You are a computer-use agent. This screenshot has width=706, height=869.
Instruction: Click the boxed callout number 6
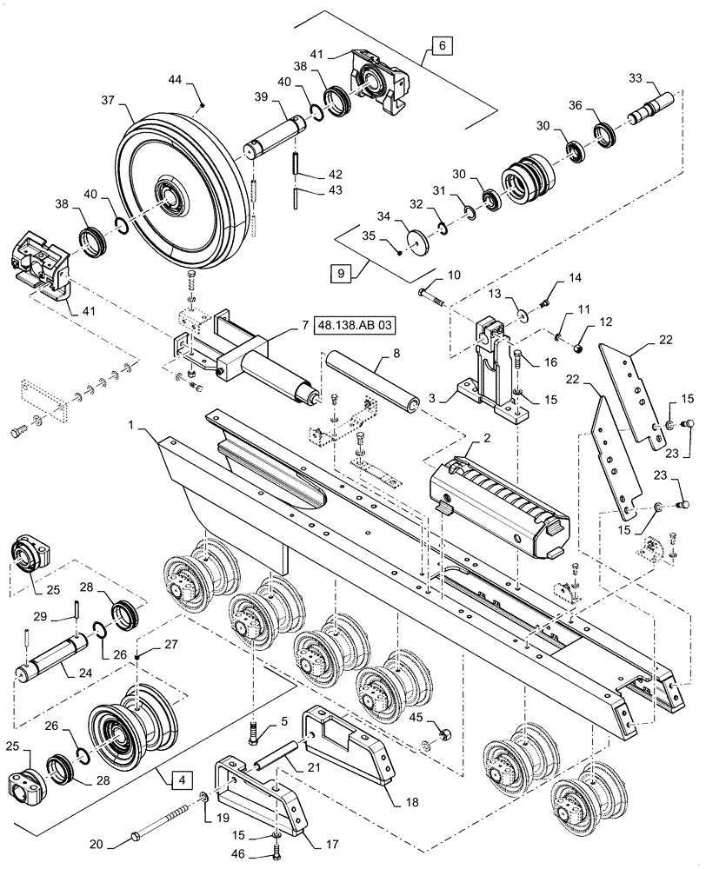click(440, 45)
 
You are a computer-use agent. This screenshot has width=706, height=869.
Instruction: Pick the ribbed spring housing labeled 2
click(497, 503)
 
